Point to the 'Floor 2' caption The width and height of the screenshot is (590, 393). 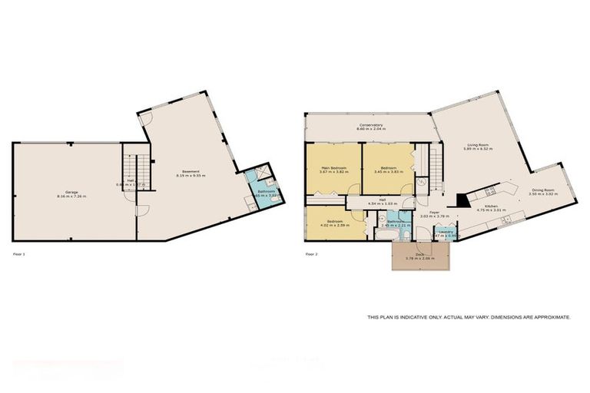[311, 253]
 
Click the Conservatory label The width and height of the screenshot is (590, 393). [370, 125]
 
